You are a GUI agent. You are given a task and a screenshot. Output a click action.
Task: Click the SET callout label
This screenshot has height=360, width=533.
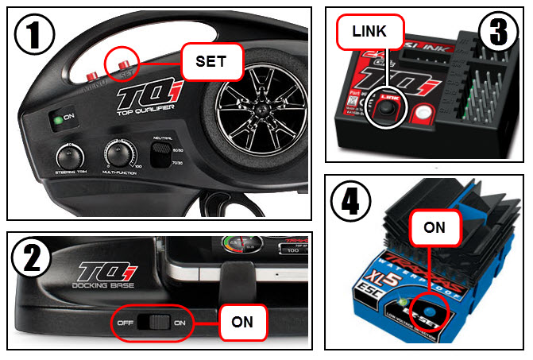[210, 61]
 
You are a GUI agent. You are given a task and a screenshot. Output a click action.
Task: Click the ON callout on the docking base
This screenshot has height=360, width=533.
[242, 323]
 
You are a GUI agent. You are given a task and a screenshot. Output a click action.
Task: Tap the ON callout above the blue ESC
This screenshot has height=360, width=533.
[434, 227]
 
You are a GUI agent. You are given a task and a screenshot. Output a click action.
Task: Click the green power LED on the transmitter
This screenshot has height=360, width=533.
[58, 121]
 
